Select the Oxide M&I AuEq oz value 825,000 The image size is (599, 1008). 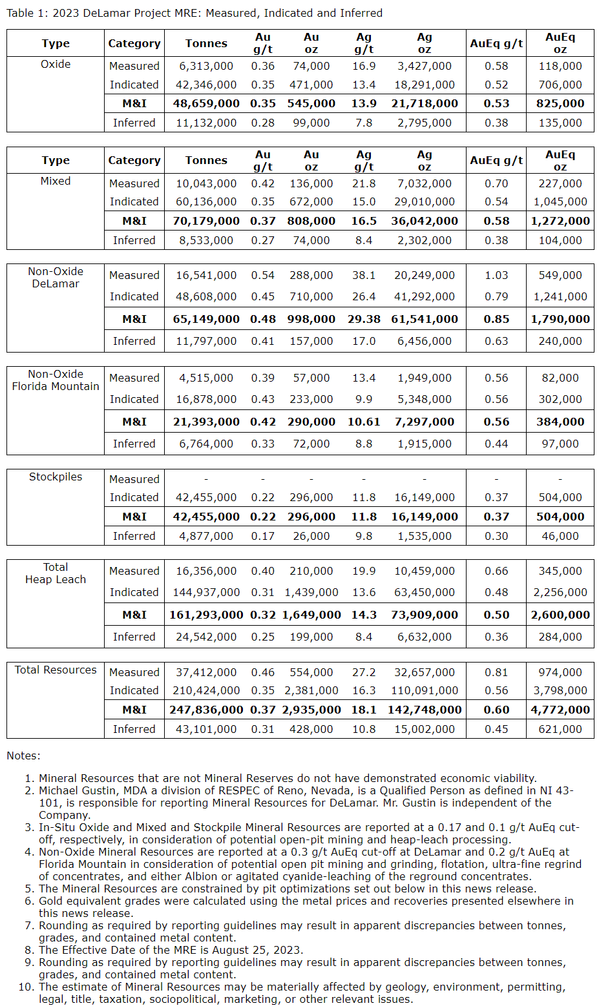(x=560, y=103)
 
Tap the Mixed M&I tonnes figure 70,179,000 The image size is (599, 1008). (x=206, y=221)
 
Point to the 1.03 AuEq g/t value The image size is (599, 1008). (x=496, y=275)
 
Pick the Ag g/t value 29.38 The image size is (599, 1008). (x=364, y=319)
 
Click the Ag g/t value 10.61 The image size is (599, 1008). (x=364, y=422)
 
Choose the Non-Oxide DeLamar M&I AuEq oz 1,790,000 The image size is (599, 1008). (x=560, y=319)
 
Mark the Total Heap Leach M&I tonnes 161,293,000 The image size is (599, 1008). (x=206, y=615)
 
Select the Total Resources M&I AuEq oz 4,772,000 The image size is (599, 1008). (x=560, y=710)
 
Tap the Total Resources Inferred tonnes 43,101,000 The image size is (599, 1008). (x=206, y=729)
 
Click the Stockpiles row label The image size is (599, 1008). (x=56, y=477)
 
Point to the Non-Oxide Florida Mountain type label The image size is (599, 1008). (x=56, y=380)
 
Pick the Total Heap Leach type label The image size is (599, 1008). (x=56, y=573)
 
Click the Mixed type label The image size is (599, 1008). (x=56, y=181)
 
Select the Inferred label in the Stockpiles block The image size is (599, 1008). (x=134, y=536)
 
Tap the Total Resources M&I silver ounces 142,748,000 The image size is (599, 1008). (x=425, y=710)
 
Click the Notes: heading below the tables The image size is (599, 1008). (x=23, y=756)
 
